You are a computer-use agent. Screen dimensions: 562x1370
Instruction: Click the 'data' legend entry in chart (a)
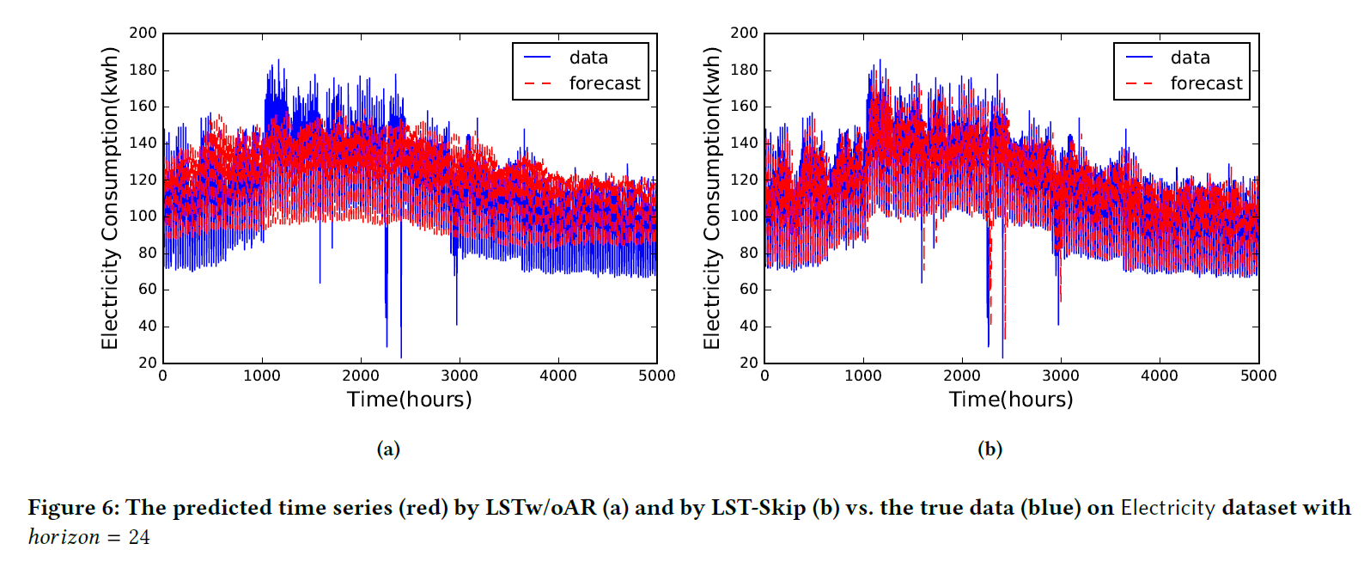click(588, 58)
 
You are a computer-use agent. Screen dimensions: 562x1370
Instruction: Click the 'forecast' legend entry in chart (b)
click(1206, 83)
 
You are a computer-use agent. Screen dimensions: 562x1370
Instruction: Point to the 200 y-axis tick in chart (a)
click(143, 33)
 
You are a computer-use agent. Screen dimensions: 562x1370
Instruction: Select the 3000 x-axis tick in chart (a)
click(460, 376)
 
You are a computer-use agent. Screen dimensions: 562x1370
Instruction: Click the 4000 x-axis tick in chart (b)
click(1160, 376)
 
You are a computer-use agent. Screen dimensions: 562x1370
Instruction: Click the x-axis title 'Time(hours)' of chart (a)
click(410, 400)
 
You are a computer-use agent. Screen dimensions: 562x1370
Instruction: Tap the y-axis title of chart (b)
click(711, 199)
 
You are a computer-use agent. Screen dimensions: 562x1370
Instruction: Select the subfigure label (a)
click(388, 449)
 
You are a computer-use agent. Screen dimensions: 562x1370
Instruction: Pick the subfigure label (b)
click(989, 449)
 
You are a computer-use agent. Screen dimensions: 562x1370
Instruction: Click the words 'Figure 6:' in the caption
click(73, 508)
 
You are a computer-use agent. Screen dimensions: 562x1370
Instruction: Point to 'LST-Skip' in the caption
click(758, 508)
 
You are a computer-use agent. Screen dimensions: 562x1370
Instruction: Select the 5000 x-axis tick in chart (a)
click(657, 376)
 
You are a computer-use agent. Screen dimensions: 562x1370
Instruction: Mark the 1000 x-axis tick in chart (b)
click(863, 376)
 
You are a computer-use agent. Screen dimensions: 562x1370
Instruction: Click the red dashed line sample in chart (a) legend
click(538, 83)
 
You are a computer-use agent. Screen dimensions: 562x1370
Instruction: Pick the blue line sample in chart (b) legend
click(1139, 58)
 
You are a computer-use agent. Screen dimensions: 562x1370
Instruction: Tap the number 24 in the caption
click(139, 537)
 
